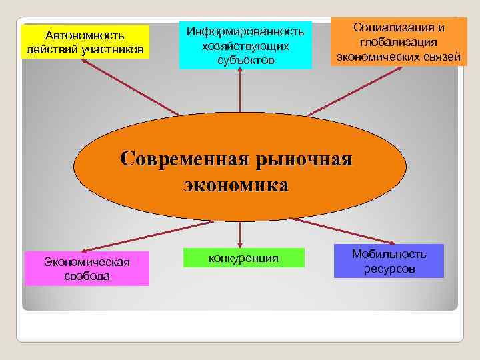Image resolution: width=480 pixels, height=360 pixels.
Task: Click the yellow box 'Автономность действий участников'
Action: pyautogui.click(x=85, y=42)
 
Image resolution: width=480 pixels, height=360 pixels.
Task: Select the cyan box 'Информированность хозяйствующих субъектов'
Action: pyautogui.click(x=245, y=45)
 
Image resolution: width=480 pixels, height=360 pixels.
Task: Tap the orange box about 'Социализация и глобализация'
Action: pyautogui.click(x=399, y=42)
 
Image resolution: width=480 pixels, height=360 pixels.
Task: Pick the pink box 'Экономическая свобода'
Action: pyautogui.click(x=87, y=268)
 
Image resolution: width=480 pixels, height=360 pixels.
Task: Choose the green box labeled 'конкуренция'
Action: pyautogui.click(x=243, y=257)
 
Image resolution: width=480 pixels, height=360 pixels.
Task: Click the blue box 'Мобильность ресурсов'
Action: pyautogui.click(x=389, y=261)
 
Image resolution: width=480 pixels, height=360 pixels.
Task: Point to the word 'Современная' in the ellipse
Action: pyautogui.click(x=173, y=160)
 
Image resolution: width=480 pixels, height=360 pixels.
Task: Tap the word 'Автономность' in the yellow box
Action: pyautogui.click(x=85, y=35)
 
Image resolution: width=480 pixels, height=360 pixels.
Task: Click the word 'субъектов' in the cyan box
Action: pyautogui.click(x=245, y=61)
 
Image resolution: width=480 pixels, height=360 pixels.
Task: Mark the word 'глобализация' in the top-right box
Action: pyautogui.click(x=398, y=42)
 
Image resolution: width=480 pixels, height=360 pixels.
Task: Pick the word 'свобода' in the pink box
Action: pyautogui.click(x=87, y=276)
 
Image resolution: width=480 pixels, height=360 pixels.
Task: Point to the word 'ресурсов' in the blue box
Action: pyautogui.click(x=389, y=269)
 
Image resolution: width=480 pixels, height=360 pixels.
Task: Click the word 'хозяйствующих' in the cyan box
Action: pyautogui.click(x=245, y=46)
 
